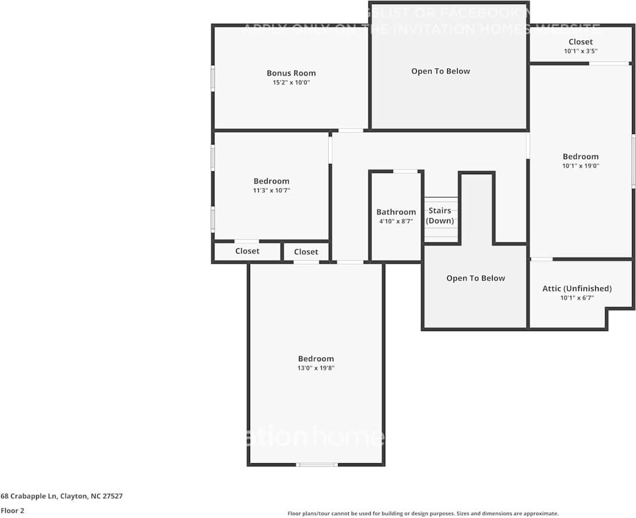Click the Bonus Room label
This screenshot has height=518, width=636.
tap(291, 73)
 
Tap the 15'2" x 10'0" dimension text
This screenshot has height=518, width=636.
tap(291, 83)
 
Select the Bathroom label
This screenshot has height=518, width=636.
tap(396, 212)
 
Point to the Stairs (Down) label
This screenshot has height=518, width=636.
tap(440, 216)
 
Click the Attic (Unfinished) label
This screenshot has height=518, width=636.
tap(577, 288)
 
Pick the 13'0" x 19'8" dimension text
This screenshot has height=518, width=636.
tap(316, 368)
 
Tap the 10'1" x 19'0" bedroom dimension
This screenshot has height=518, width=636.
tap(581, 165)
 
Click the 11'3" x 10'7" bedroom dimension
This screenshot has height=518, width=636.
tap(271, 191)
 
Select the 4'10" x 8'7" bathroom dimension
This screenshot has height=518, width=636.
tap(396, 221)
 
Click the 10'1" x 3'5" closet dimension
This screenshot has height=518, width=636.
tap(581, 51)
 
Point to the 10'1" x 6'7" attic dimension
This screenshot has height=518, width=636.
tap(577, 298)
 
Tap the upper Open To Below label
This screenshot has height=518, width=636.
tap(440, 71)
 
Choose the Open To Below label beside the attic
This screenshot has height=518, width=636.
tap(476, 278)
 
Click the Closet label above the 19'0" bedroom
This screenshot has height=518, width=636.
tap(581, 42)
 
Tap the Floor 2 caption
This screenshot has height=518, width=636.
tap(12, 510)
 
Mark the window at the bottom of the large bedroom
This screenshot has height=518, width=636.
tap(317, 464)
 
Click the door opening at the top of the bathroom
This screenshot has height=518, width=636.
tap(405, 171)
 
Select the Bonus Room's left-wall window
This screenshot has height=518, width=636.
tap(213, 78)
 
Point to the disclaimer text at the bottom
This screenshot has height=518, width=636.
tap(423, 513)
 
